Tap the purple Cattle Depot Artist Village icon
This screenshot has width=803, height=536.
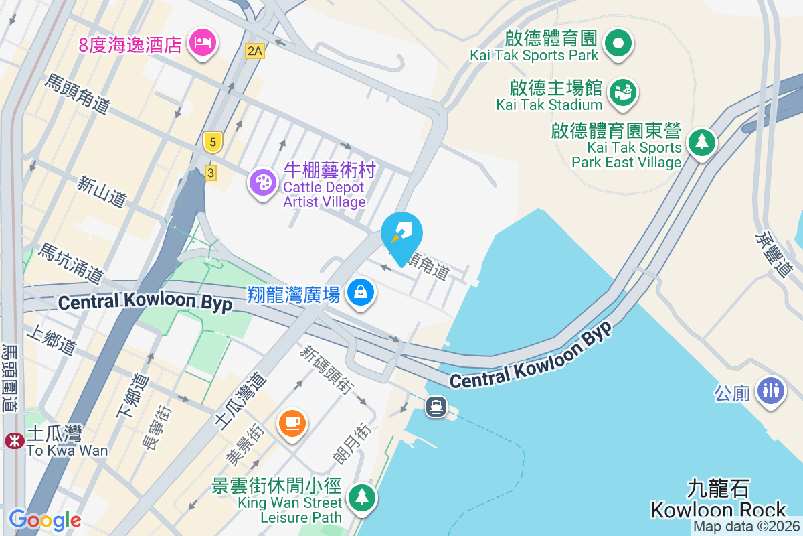click(262, 182)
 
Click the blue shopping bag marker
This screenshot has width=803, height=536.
click(361, 293)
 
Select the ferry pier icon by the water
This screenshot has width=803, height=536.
click(436, 406)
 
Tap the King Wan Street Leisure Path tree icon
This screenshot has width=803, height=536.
click(362, 498)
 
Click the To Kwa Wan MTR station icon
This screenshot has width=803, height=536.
click(13, 440)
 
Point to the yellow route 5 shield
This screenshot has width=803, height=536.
click(212, 141)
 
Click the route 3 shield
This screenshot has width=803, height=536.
click(211, 173)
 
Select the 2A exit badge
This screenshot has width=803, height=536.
click(254, 50)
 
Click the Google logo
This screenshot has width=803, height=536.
click(45, 519)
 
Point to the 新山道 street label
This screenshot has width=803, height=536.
click(102, 190)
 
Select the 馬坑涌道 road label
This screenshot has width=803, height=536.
click(71, 262)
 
